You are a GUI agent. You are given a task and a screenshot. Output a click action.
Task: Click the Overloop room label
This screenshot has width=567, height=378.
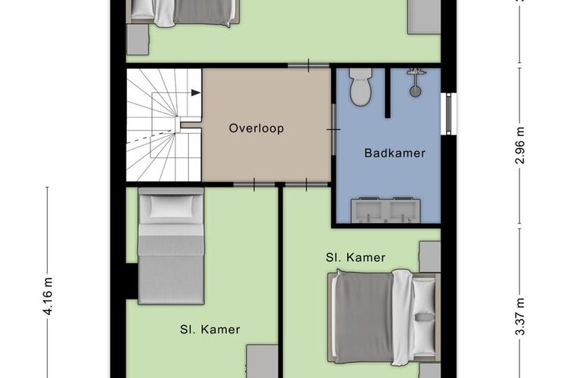pos(256,129)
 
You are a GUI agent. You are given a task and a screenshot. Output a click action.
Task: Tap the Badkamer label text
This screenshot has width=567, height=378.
pos(395,153)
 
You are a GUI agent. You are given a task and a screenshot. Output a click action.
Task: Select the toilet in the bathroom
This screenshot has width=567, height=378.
pos(361,87)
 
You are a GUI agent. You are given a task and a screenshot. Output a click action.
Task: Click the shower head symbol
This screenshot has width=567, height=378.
pos(416,82)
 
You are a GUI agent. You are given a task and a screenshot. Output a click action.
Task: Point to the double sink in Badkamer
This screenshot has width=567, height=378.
pos(386,210)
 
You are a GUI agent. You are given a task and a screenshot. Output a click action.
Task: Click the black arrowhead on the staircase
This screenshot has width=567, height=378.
pos(196,92)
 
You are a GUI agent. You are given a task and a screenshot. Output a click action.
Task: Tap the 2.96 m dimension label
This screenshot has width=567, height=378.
pos(519,145)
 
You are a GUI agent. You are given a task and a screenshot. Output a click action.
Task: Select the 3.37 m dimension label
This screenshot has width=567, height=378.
pos(519,317)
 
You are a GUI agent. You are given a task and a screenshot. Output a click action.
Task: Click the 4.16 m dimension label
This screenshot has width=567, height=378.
pos(48,296)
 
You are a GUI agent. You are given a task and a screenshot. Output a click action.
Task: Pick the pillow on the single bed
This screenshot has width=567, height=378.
pos(171,206)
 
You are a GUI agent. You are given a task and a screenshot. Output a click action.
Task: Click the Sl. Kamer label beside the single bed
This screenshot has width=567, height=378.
pos(210,330)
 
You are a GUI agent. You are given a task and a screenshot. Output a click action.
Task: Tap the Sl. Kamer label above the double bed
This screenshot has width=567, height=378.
pos(355,258)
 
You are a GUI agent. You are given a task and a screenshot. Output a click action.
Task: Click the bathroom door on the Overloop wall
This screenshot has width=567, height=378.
pos(333,129)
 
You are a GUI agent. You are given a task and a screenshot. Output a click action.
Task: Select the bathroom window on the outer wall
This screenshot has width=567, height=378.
pos(448,113)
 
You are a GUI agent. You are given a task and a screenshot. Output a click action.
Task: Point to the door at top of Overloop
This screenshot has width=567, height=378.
pos(308,66)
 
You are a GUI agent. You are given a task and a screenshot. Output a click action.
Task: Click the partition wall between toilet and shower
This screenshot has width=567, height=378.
pos(388,93)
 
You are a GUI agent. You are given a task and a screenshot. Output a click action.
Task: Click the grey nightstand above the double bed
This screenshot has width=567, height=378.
pos(430,257)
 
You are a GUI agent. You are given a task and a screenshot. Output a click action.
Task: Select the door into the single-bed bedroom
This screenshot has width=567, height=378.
pos(254,184)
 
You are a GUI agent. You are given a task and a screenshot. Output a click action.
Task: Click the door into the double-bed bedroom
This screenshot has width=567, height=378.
pos(306,184)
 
